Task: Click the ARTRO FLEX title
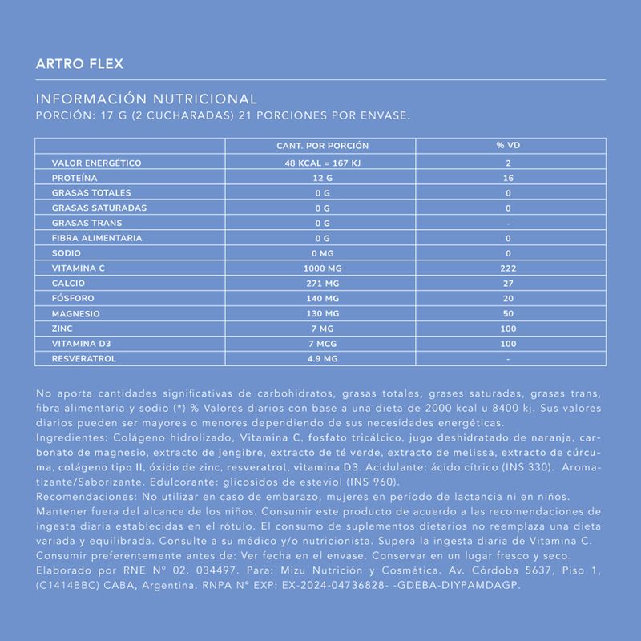tap(79, 64)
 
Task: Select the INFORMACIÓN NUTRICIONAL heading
tap(147, 99)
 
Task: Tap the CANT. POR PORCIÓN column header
tap(322, 146)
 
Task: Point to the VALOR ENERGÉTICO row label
tap(96, 163)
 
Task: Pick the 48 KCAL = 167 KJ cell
tap(322, 163)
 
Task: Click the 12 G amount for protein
tap(322, 178)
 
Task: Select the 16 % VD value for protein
tap(508, 178)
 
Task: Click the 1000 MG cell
tap(322, 268)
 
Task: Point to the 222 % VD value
tap(508, 268)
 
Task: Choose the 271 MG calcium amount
tap(322, 283)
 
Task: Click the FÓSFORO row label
tap(75, 298)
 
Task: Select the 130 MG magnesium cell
tap(322, 313)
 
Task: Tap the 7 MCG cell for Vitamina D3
tap(322, 343)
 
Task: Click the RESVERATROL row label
tap(84, 358)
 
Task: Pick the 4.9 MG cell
tap(322, 358)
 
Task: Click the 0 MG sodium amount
tap(322, 253)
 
